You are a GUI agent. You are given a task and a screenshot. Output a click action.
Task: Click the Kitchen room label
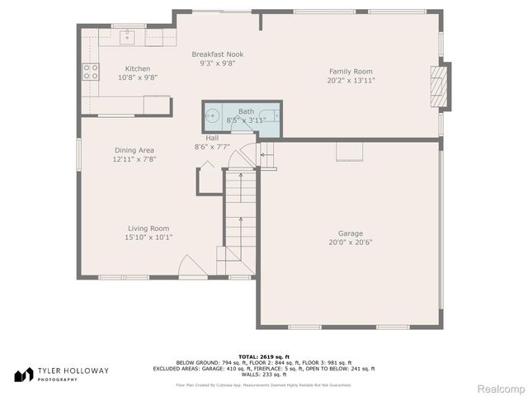click(x=137, y=68)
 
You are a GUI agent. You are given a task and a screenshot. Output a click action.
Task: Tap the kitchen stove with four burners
click(x=90, y=71)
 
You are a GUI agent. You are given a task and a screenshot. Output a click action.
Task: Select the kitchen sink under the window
click(x=128, y=35)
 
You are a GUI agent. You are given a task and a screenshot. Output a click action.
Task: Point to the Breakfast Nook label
click(x=219, y=54)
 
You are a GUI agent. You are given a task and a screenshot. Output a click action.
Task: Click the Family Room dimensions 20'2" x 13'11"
click(x=352, y=80)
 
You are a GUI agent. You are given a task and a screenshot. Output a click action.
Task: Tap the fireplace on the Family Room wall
click(x=441, y=87)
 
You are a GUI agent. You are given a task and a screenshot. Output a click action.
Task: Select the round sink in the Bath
click(x=213, y=115)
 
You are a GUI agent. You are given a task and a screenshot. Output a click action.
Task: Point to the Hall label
click(x=212, y=138)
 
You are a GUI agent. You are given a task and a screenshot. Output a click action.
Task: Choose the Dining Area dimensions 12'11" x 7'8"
click(x=134, y=159)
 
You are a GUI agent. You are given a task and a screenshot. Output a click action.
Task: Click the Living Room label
click(x=148, y=229)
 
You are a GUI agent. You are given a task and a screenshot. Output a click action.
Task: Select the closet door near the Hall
click(x=206, y=167)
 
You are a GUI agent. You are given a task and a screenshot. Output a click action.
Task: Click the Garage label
click(x=351, y=233)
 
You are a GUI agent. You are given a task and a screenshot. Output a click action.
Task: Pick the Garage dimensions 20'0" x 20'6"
click(x=351, y=243)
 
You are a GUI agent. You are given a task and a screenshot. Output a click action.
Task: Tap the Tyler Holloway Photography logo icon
click(x=21, y=374)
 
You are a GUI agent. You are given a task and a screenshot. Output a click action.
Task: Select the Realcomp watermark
click(x=502, y=388)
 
